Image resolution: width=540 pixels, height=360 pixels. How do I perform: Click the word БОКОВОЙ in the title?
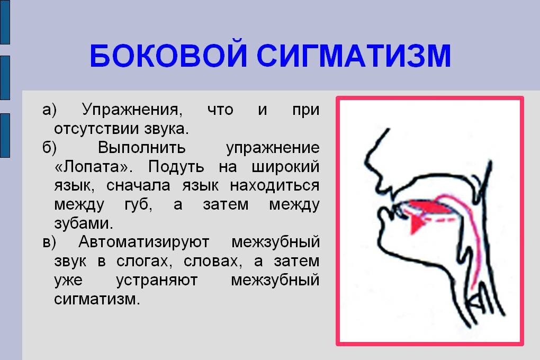click(168, 55)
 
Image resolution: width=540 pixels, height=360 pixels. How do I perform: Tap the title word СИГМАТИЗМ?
click(354, 56)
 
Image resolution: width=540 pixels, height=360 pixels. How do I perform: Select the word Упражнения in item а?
click(132, 111)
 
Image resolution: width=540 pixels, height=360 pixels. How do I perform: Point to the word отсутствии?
click(96, 129)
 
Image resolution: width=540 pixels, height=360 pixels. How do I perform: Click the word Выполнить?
click(141, 148)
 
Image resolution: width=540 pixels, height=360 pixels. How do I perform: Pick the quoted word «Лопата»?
click(93, 167)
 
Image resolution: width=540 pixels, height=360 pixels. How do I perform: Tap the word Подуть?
click(176, 167)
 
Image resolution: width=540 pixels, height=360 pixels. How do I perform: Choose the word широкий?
click(285, 167)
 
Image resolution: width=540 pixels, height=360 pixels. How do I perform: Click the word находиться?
click(274, 186)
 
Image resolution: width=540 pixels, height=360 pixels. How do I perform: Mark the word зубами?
click(84, 224)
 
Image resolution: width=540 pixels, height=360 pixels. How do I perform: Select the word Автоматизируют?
click(144, 242)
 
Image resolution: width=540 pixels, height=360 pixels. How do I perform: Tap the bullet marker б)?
click(50, 148)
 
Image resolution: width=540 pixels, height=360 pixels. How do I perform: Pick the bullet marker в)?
click(49, 242)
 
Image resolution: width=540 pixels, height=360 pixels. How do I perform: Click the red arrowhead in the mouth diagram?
click(417, 224)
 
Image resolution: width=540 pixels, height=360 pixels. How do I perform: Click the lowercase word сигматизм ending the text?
click(97, 299)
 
